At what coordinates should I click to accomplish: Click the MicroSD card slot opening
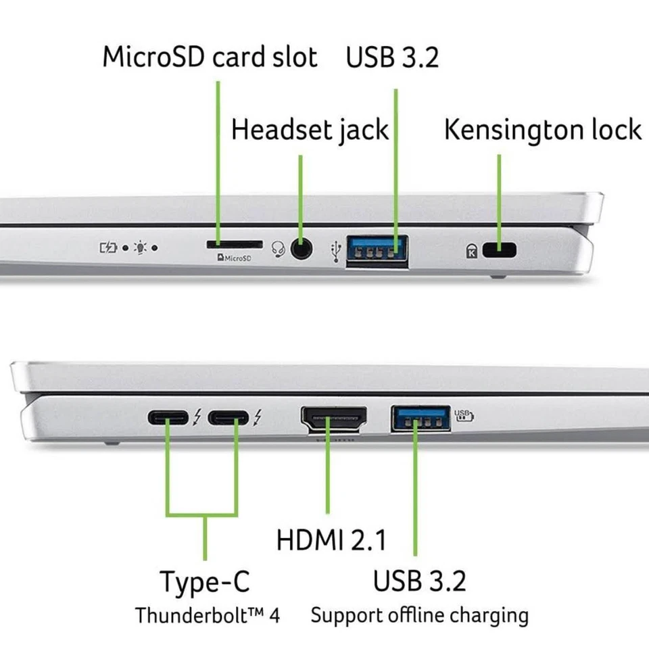click(233, 243)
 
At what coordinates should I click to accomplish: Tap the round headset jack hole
click(302, 249)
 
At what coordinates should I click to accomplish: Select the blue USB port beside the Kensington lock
click(377, 249)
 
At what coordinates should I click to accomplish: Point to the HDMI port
click(333, 420)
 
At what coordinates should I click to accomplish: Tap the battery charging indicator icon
click(109, 248)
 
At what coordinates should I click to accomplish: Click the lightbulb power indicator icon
click(140, 248)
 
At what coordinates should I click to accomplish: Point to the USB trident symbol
click(335, 249)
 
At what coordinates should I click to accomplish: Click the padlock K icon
click(471, 251)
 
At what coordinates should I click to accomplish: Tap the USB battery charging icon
click(464, 414)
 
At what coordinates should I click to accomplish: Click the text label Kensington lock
click(542, 130)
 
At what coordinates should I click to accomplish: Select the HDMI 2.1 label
click(331, 540)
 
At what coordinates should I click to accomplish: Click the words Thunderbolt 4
click(207, 616)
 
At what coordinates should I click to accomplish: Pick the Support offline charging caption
click(419, 615)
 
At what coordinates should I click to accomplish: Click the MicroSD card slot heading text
click(210, 57)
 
